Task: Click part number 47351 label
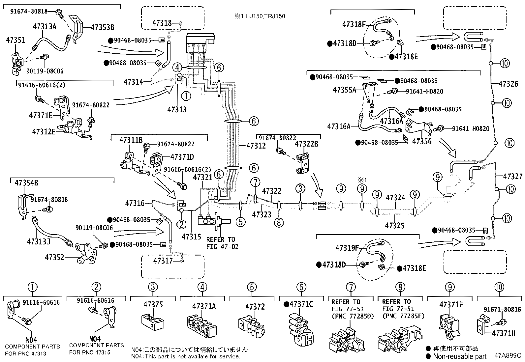15,40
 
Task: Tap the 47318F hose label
355,24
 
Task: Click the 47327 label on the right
512,177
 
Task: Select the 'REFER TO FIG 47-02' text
222,243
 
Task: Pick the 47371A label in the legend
204,306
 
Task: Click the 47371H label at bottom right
504,333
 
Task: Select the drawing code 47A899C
508,356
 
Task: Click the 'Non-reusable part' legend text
460,356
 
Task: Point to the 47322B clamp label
306,144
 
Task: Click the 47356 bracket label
422,142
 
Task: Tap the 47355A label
344,90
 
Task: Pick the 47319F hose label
347,248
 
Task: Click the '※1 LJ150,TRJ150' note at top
260,16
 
